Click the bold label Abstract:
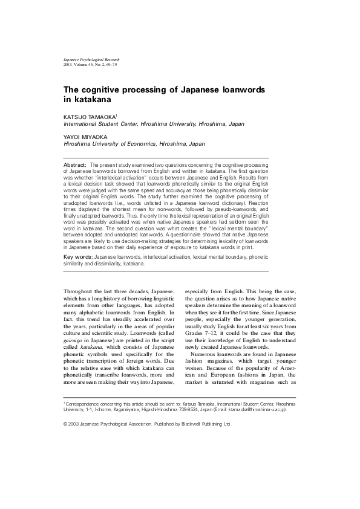[75, 164]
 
